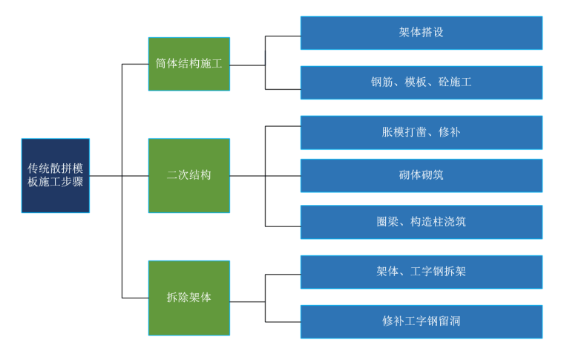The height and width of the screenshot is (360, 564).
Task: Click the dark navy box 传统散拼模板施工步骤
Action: (x=56, y=176)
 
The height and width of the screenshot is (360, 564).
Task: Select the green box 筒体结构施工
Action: (x=188, y=64)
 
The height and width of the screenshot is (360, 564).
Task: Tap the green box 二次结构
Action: (x=188, y=176)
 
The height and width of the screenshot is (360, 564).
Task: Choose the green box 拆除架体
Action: (x=188, y=297)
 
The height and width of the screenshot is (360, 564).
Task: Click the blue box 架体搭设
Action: (x=421, y=33)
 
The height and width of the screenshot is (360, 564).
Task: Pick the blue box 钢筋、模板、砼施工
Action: (x=421, y=82)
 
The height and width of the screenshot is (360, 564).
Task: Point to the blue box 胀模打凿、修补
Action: (x=421, y=133)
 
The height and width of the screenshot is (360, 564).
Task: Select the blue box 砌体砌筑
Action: (x=421, y=176)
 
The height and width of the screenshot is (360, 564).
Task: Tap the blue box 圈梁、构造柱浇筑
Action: (x=421, y=222)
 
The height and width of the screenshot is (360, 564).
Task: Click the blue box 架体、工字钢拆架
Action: (x=421, y=272)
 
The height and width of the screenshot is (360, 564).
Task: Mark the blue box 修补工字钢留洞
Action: (x=421, y=321)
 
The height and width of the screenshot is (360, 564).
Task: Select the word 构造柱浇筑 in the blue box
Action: (x=438, y=222)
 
